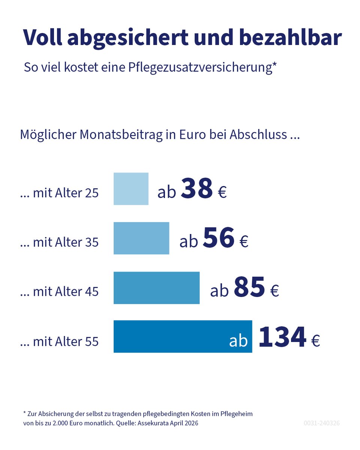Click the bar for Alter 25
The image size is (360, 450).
131,189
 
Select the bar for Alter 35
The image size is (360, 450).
141,238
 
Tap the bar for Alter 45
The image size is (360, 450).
156,288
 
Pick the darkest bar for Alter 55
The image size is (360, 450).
169,336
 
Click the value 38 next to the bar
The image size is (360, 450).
196,189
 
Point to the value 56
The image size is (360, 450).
219,238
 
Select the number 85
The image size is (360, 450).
249,288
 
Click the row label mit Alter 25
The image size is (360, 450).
59,193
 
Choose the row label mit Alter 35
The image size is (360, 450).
59,243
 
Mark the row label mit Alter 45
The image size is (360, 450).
59,292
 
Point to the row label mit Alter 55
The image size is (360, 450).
59,342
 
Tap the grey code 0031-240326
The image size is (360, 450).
322,423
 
